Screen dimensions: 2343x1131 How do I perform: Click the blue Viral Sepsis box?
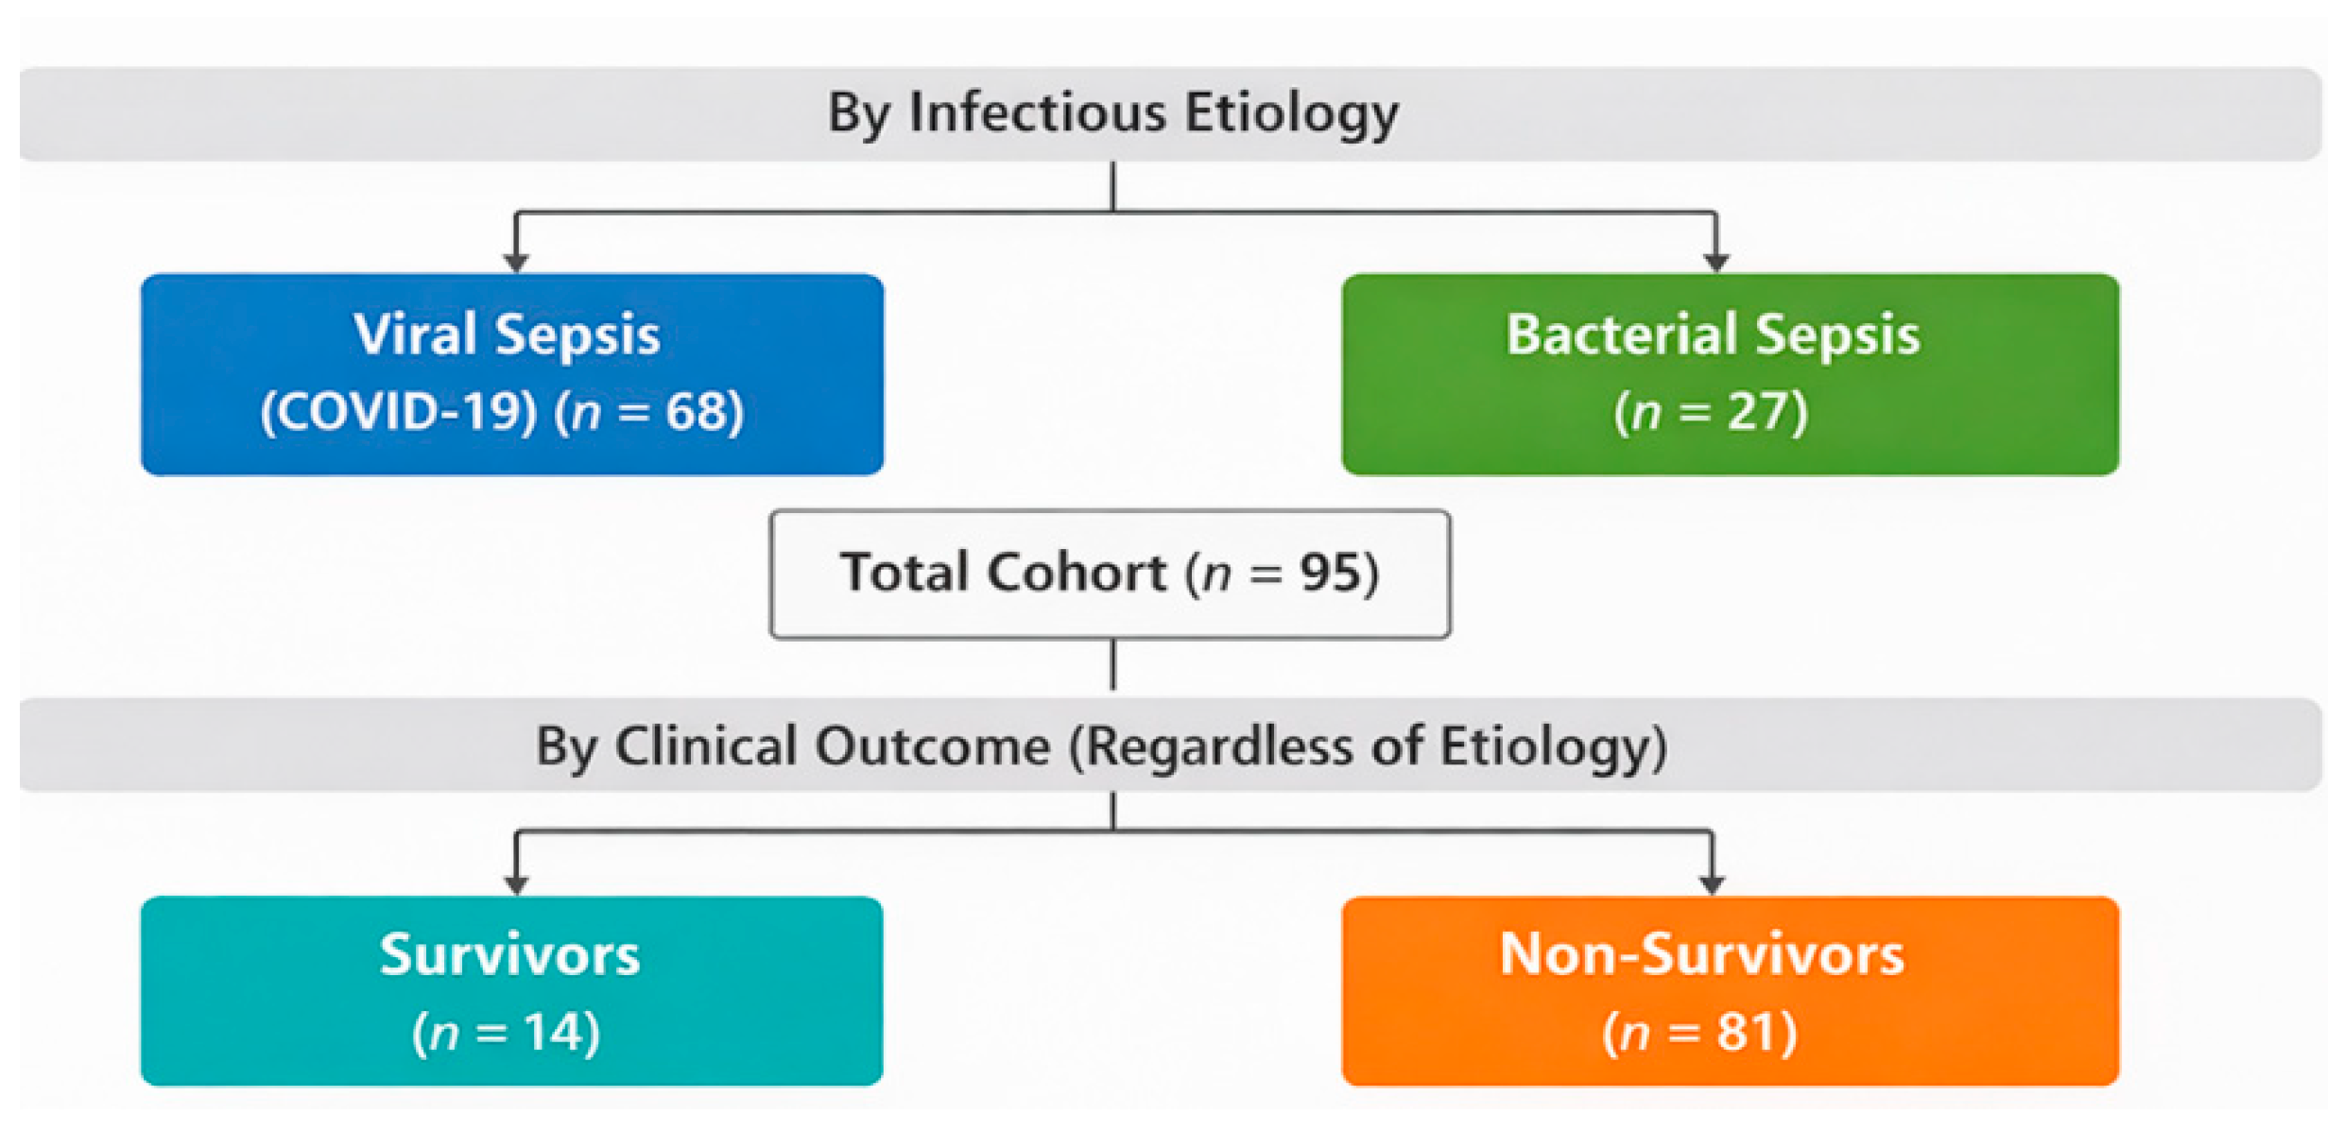pos(512,374)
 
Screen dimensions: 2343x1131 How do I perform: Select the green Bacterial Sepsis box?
pos(1730,374)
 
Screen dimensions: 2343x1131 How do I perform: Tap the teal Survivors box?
pos(512,990)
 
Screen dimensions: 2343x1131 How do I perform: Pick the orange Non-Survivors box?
pos(1730,990)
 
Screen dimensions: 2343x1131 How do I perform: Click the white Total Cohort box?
pos(1111,574)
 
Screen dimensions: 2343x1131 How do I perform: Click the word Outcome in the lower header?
pos(933,746)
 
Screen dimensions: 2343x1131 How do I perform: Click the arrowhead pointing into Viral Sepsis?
pos(516,262)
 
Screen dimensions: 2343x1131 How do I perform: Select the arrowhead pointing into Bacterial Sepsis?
pos(1716,262)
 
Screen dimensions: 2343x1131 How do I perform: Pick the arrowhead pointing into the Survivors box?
pos(516,884)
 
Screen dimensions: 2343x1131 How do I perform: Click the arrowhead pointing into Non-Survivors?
pos(1712,884)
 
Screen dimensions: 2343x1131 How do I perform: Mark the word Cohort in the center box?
pos(1077,573)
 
